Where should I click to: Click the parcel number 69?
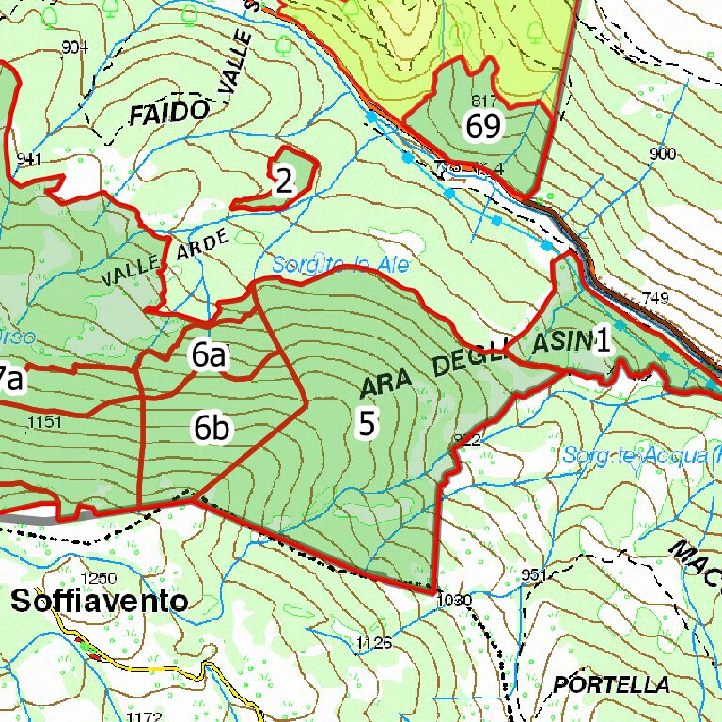pos(484,125)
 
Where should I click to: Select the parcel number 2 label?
pos(283,181)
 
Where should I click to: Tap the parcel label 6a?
pos(209,355)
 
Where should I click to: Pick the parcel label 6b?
pos(212,428)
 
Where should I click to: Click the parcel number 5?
pos(368,423)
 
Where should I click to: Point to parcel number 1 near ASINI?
pos(602,341)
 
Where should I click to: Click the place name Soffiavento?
pos(100,602)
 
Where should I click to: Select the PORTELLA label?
pos(611,684)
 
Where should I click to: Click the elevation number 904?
pos(74,47)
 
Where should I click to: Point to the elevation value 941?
pos(29,159)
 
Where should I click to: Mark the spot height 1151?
pos(45,423)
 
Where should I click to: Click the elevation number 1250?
pos(99,577)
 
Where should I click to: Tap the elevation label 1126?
pos(373,642)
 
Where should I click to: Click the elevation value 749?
pos(654,298)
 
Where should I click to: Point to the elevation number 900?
pos(662,153)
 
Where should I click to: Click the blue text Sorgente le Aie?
pos(341,266)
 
